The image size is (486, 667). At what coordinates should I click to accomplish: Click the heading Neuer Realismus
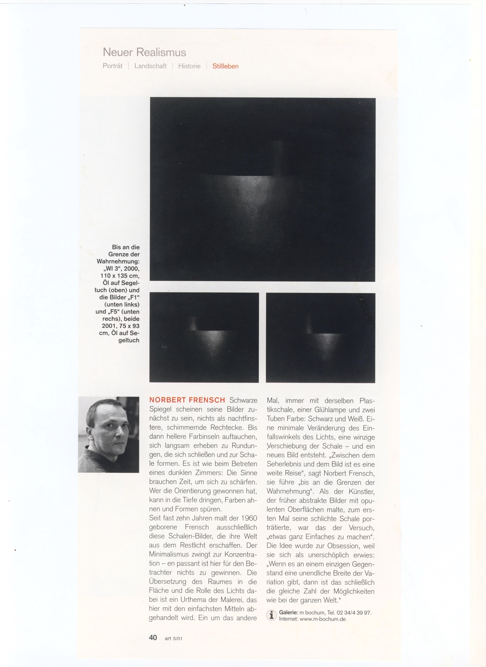pos(144,52)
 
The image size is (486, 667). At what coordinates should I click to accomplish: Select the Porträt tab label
pos(113,66)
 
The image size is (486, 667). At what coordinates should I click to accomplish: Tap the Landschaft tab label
pos(150,66)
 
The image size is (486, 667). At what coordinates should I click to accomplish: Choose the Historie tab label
pos(189,66)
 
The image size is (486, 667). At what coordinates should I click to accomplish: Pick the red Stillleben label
pos(225,66)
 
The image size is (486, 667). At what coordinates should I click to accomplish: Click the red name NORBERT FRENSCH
pos(187,400)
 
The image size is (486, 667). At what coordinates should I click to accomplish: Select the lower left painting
pos(204,337)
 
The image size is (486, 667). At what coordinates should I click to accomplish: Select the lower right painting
pos(320,338)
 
